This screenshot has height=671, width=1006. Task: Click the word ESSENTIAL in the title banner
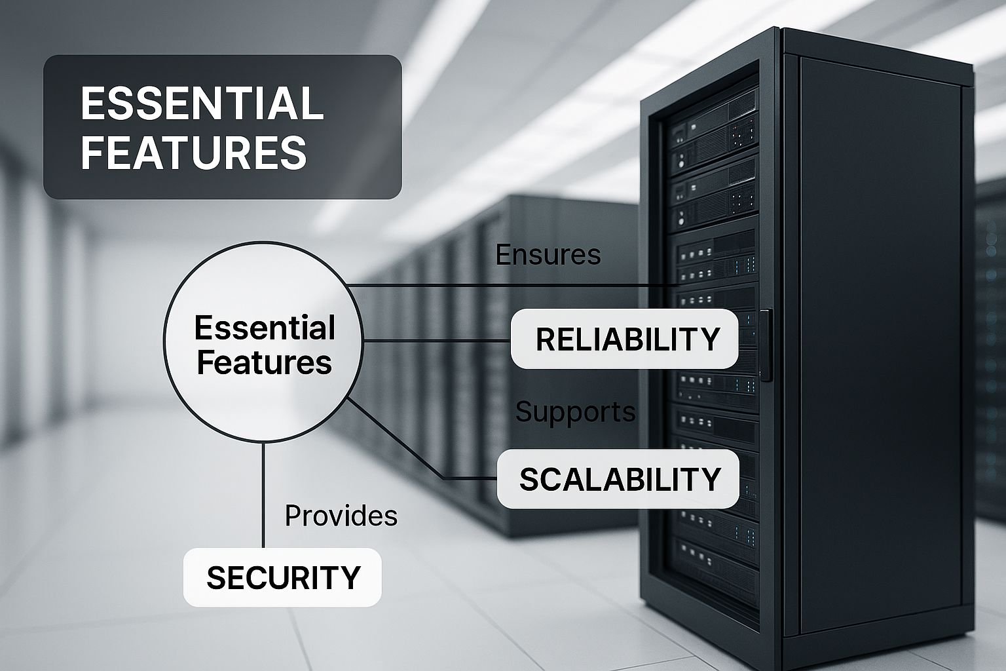tap(202, 103)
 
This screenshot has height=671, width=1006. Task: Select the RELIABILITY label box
tap(625, 338)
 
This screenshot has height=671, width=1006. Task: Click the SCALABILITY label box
tap(618, 479)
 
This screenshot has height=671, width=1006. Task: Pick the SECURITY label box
tap(282, 577)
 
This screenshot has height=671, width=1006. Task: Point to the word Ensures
tap(548, 254)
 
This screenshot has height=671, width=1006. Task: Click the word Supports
tap(575, 412)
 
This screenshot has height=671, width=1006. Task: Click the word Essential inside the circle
tap(265, 328)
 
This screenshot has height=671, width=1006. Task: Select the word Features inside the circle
tap(265, 362)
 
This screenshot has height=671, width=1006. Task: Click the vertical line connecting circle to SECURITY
tap(263, 495)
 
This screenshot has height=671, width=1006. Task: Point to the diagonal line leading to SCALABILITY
tap(394, 438)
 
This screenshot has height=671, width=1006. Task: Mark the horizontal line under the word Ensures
tap(513, 286)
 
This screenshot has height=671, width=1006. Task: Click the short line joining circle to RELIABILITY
tap(437, 341)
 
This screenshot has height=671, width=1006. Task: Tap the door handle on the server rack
tap(766, 345)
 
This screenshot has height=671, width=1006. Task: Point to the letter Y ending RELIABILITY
tap(711, 339)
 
